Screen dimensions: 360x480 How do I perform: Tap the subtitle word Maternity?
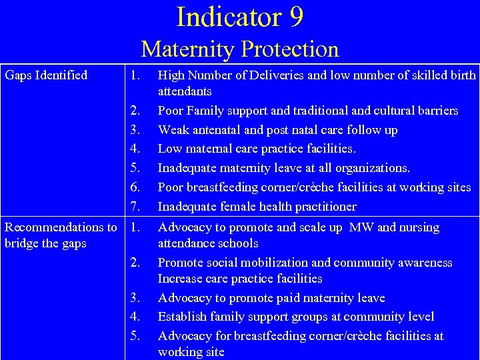(x=188, y=49)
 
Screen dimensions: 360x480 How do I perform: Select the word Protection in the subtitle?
(x=290, y=49)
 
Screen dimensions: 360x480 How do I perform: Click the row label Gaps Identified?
(x=46, y=75)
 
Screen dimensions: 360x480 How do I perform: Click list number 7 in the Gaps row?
(x=135, y=207)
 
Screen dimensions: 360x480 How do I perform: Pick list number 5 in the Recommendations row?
(x=135, y=336)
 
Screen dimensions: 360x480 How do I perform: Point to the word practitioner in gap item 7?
(x=322, y=207)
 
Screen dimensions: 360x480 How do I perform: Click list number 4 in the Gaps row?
(x=135, y=149)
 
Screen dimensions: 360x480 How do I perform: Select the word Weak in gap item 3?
(x=171, y=130)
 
